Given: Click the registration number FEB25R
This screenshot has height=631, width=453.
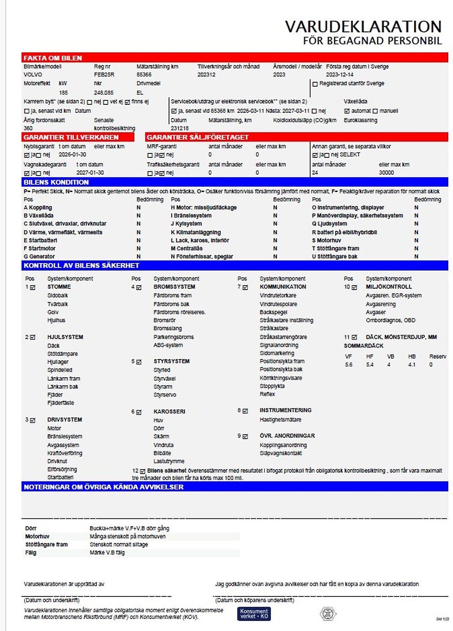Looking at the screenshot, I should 104,75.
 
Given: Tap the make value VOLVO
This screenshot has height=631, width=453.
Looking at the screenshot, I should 33,75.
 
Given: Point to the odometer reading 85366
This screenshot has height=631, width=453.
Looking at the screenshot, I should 144,75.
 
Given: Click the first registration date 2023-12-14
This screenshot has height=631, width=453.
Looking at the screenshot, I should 340,75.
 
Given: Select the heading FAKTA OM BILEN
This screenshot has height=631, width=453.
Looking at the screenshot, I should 53,58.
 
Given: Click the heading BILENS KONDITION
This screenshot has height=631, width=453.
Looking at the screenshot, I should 56,182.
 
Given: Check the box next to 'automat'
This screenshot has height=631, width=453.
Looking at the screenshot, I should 347,111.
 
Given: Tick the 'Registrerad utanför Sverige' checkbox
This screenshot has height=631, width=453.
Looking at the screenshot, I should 315,84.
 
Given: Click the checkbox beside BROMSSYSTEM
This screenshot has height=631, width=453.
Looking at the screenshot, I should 139,287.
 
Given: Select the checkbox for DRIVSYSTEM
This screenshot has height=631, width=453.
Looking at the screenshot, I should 33,420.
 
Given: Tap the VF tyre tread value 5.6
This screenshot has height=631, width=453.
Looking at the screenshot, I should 349,365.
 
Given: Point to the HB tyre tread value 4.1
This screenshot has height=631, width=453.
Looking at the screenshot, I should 412,365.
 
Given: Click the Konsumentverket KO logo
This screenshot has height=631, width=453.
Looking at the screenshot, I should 254,614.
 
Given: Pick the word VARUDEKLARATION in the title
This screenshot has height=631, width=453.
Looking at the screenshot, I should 363,27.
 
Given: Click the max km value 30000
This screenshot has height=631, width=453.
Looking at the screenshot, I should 386,173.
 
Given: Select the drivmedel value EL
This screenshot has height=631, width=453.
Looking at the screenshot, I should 140,93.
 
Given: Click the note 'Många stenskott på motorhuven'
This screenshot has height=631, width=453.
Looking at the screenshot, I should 127,536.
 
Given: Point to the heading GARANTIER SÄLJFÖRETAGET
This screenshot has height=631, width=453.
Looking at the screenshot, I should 198,137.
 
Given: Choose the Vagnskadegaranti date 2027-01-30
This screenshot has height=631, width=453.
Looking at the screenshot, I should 90,173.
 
